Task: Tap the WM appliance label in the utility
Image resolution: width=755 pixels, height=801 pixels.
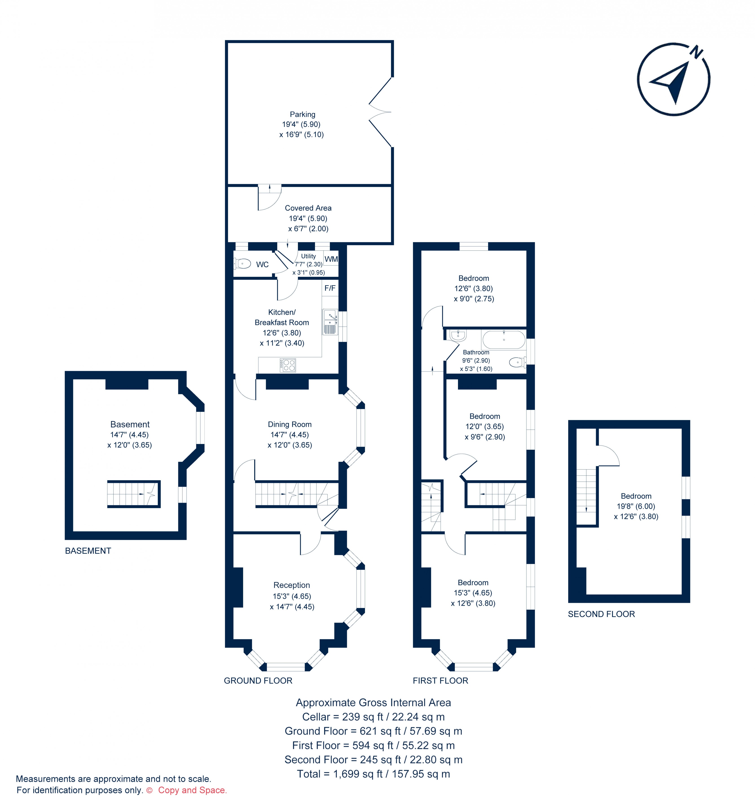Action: click(331, 259)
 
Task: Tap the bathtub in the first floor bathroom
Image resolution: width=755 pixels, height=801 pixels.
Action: click(504, 340)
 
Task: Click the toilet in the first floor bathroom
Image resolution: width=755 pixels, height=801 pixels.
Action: click(517, 363)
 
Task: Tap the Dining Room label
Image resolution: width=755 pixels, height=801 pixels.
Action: click(290, 424)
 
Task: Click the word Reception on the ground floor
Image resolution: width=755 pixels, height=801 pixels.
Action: click(291, 585)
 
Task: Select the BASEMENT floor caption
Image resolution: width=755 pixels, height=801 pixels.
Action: click(88, 551)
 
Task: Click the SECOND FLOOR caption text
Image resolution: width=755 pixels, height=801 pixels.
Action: click(601, 614)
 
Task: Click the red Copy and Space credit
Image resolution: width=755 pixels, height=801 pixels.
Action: click(192, 790)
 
